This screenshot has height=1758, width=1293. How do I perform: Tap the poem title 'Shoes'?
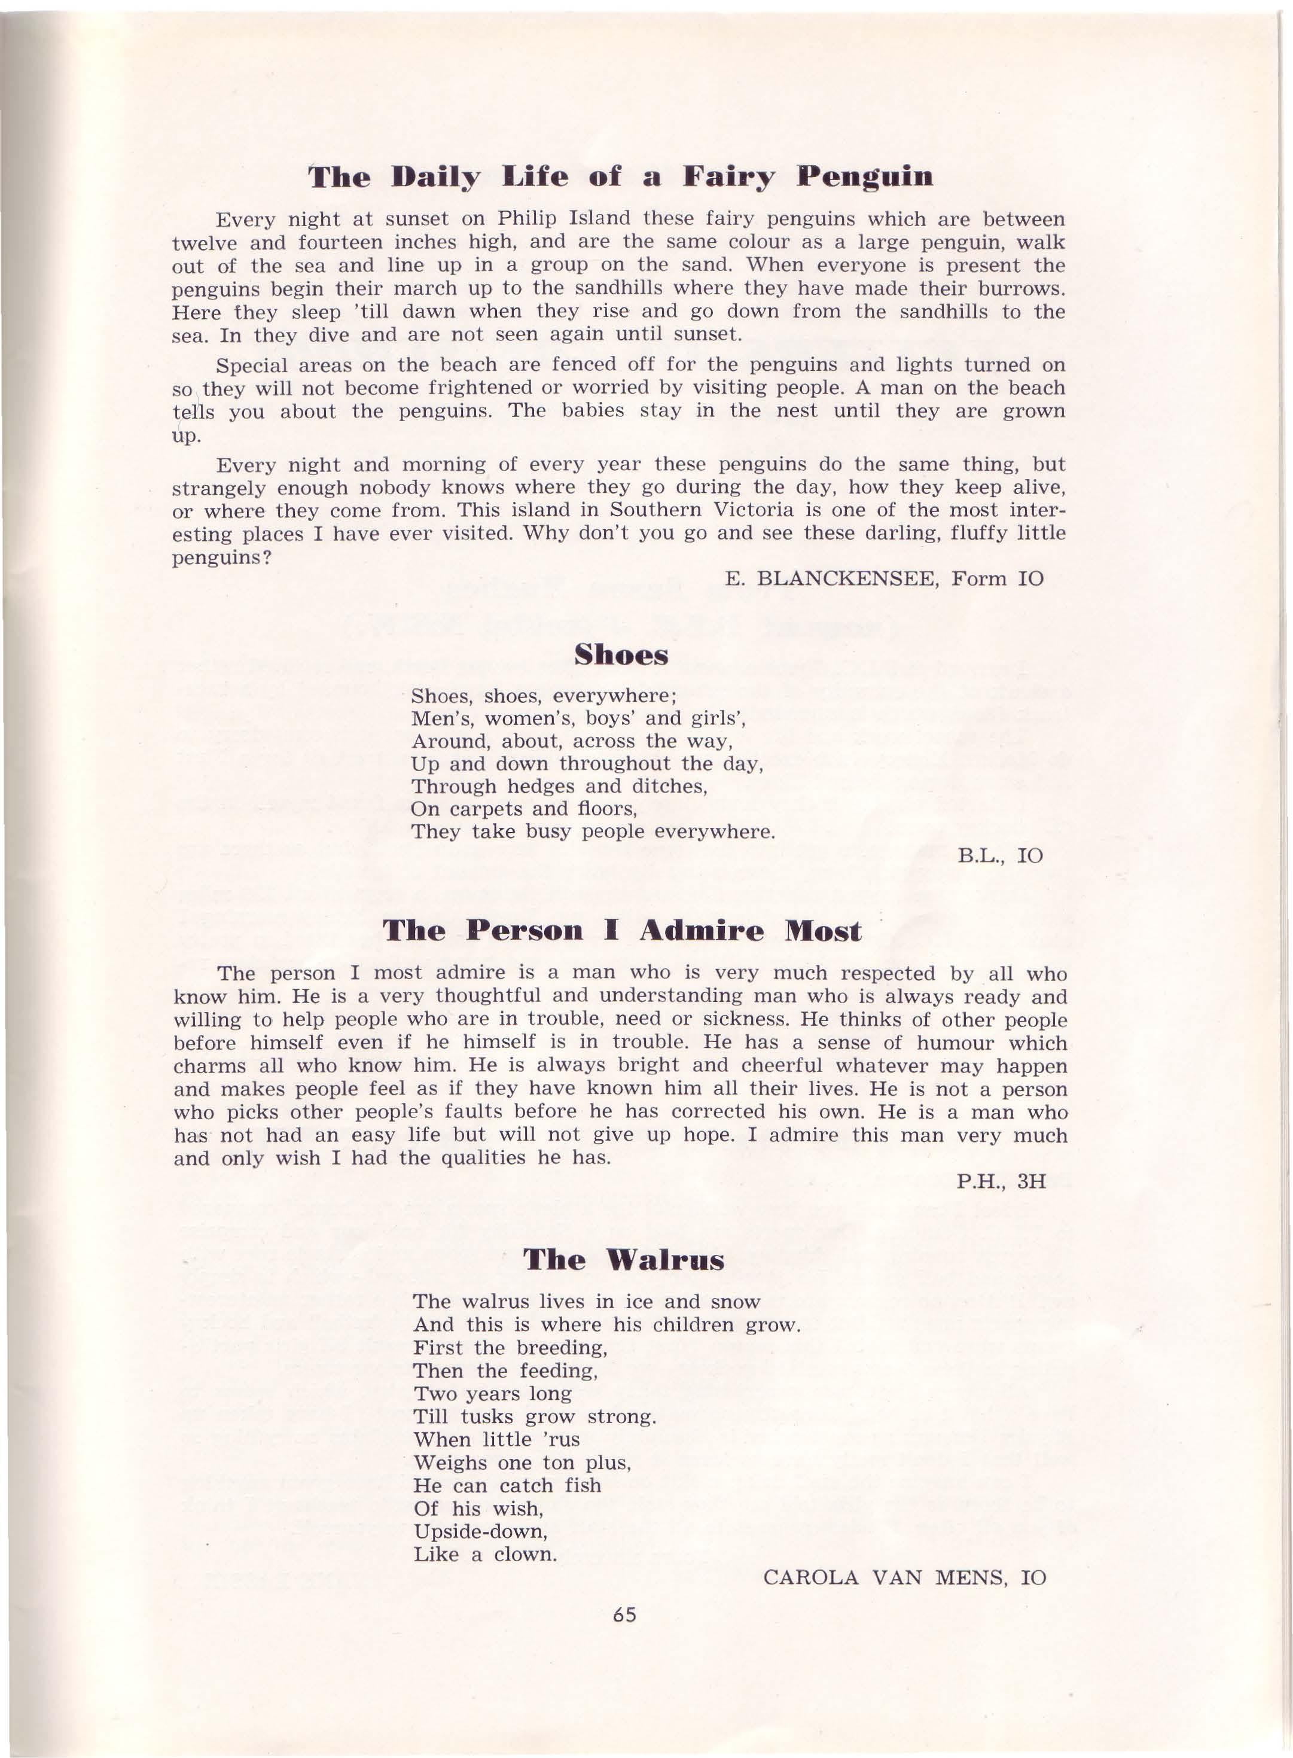coord(621,654)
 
